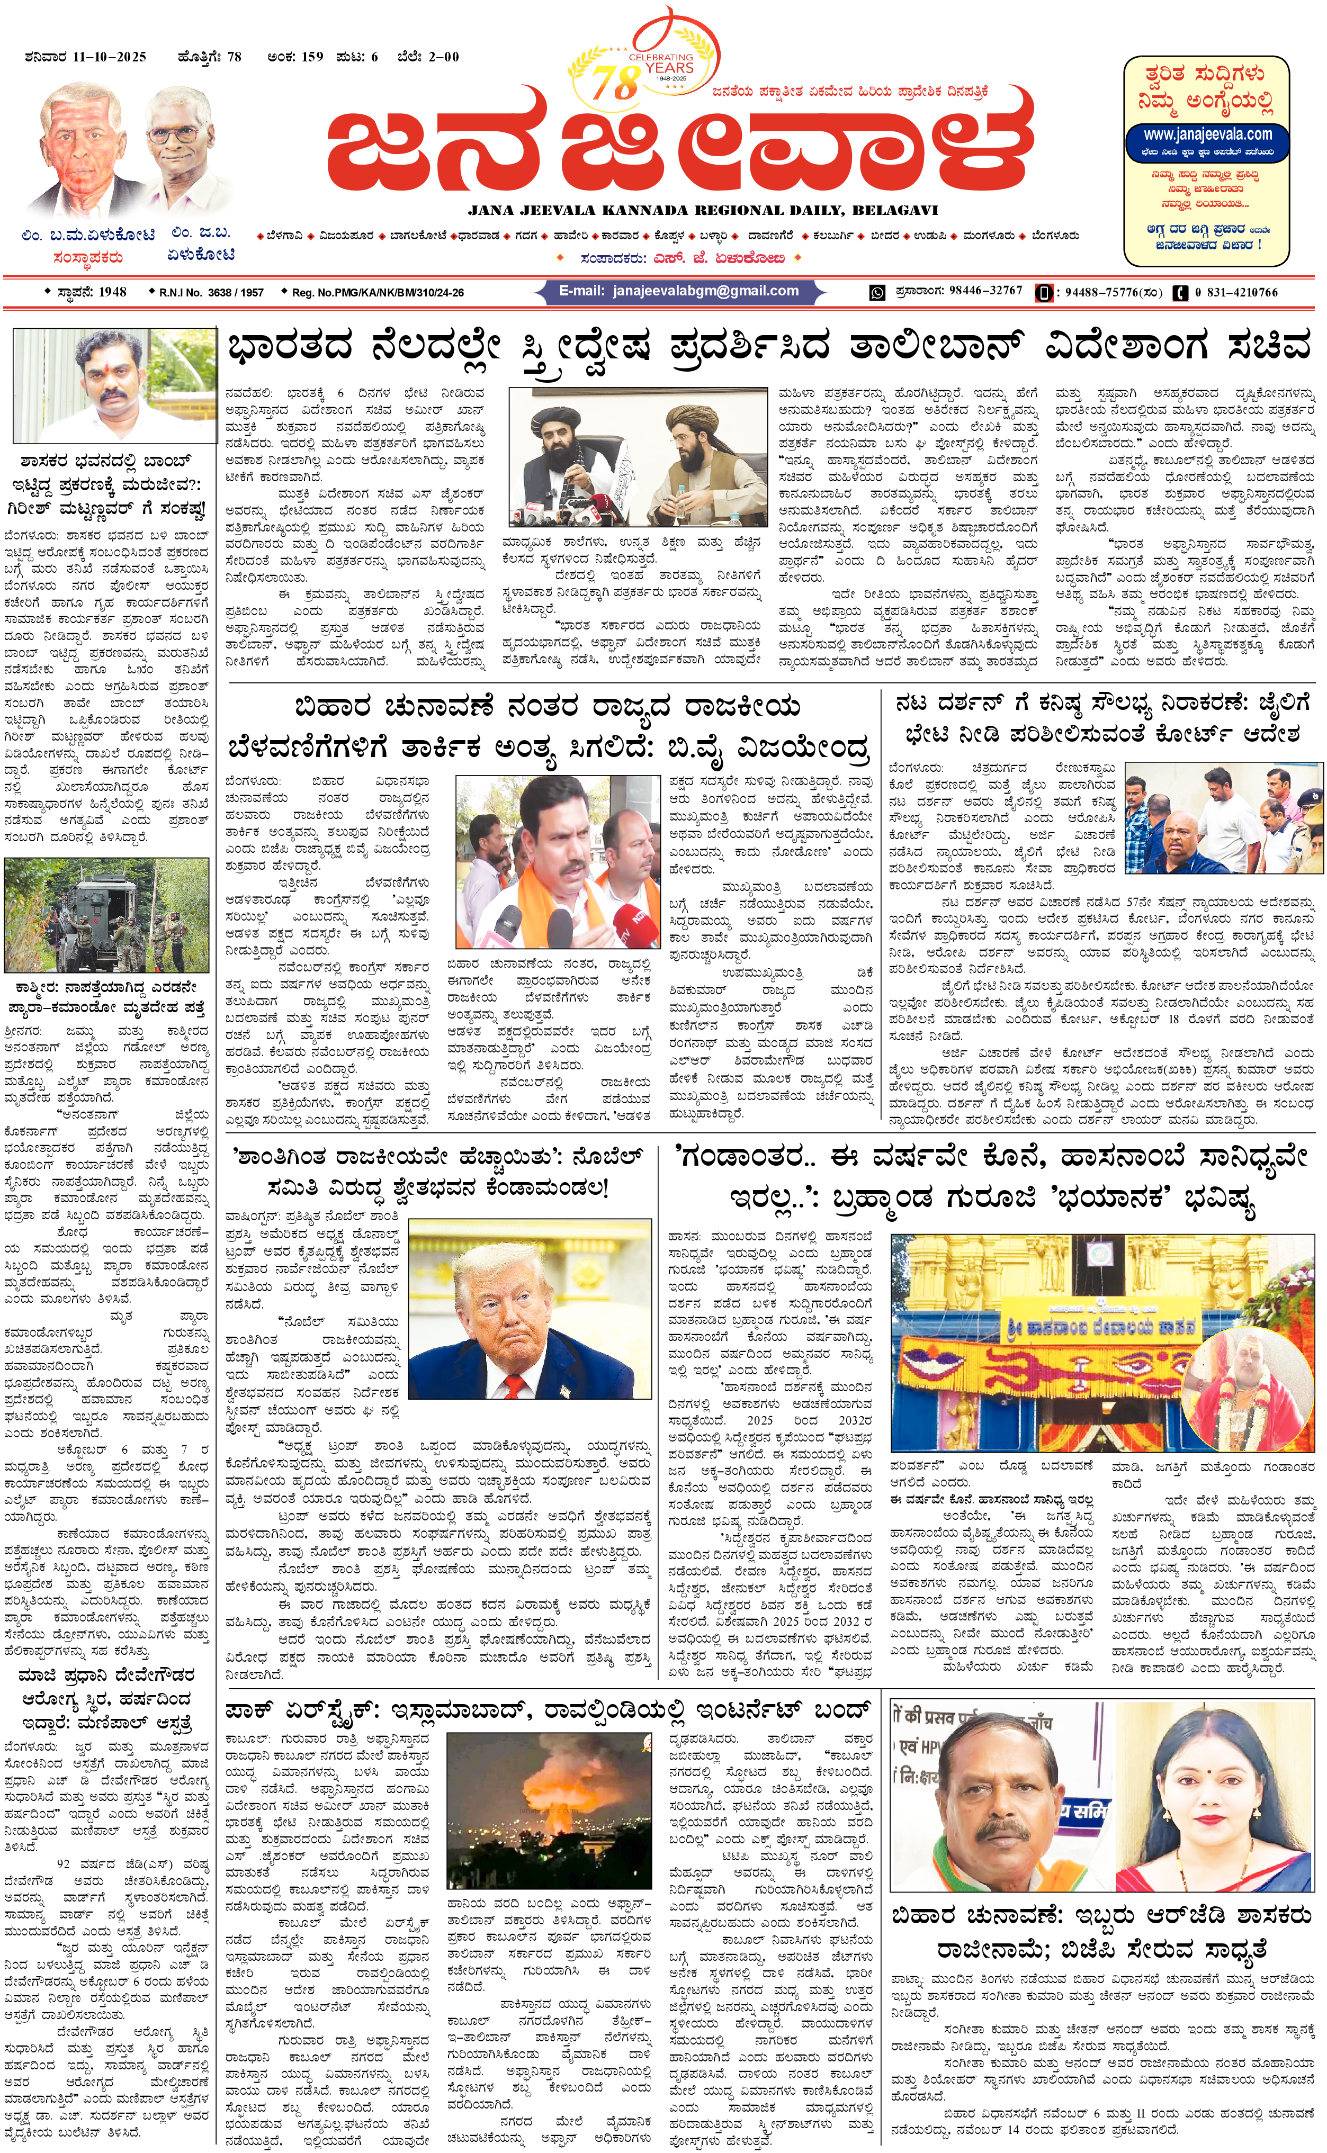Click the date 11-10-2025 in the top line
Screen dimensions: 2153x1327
point(110,57)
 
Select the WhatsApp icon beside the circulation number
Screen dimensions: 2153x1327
point(877,292)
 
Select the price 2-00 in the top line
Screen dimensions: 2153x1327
point(443,57)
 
